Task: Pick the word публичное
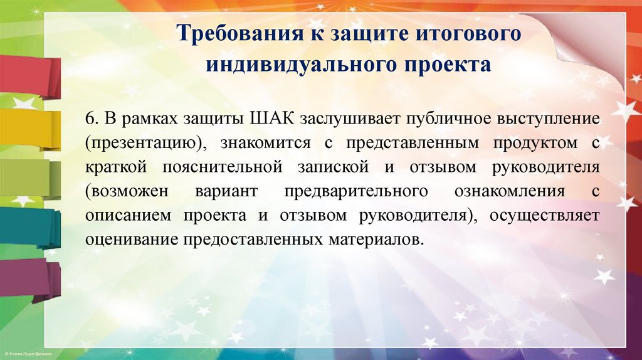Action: pos(441,119)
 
